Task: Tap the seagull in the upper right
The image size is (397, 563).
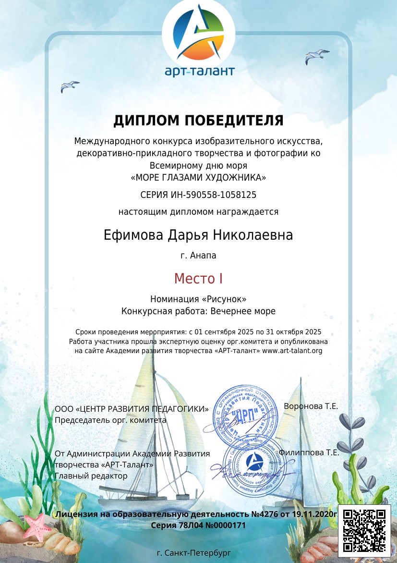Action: tap(317, 56)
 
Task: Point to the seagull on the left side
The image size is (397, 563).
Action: tap(70, 86)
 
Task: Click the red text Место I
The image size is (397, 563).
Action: tap(198, 278)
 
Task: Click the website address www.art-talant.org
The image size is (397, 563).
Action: tap(292, 351)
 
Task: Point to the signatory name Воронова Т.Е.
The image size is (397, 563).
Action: tap(311, 406)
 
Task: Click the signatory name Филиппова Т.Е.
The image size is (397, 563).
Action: tap(309, 453)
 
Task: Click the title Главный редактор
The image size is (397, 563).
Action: tap(91, 476)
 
